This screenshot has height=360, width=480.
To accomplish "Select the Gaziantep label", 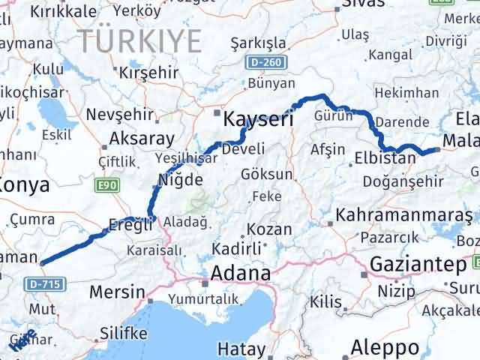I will (418, 264).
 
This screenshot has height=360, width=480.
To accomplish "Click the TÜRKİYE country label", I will (142, 39).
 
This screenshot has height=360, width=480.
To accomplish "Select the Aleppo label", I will (385, 348).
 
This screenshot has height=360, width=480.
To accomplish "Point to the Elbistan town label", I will (385, 158).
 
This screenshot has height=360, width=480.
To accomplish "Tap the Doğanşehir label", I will (398, 181).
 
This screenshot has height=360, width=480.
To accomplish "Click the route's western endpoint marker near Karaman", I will (41, 262).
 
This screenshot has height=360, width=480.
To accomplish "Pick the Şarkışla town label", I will (259, 40).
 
